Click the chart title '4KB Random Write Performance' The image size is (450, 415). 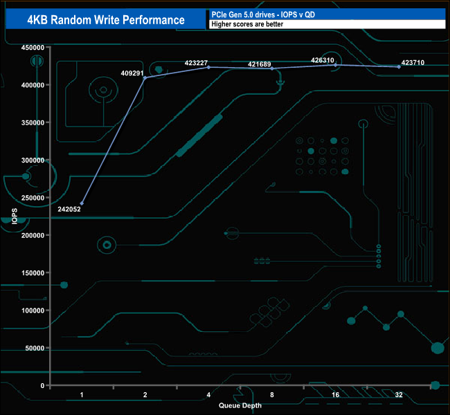106,19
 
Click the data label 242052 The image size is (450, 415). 69,209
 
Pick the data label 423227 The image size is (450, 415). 197,62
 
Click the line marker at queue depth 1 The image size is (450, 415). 82,203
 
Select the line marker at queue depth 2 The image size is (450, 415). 145,77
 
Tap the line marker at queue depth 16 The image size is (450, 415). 335,64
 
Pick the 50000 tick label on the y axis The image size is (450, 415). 35,348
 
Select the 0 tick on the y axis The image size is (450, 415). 42,385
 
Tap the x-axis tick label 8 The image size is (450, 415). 272,395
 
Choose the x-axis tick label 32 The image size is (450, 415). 399,395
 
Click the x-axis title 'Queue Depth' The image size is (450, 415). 240,405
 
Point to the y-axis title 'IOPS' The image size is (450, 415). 15,216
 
